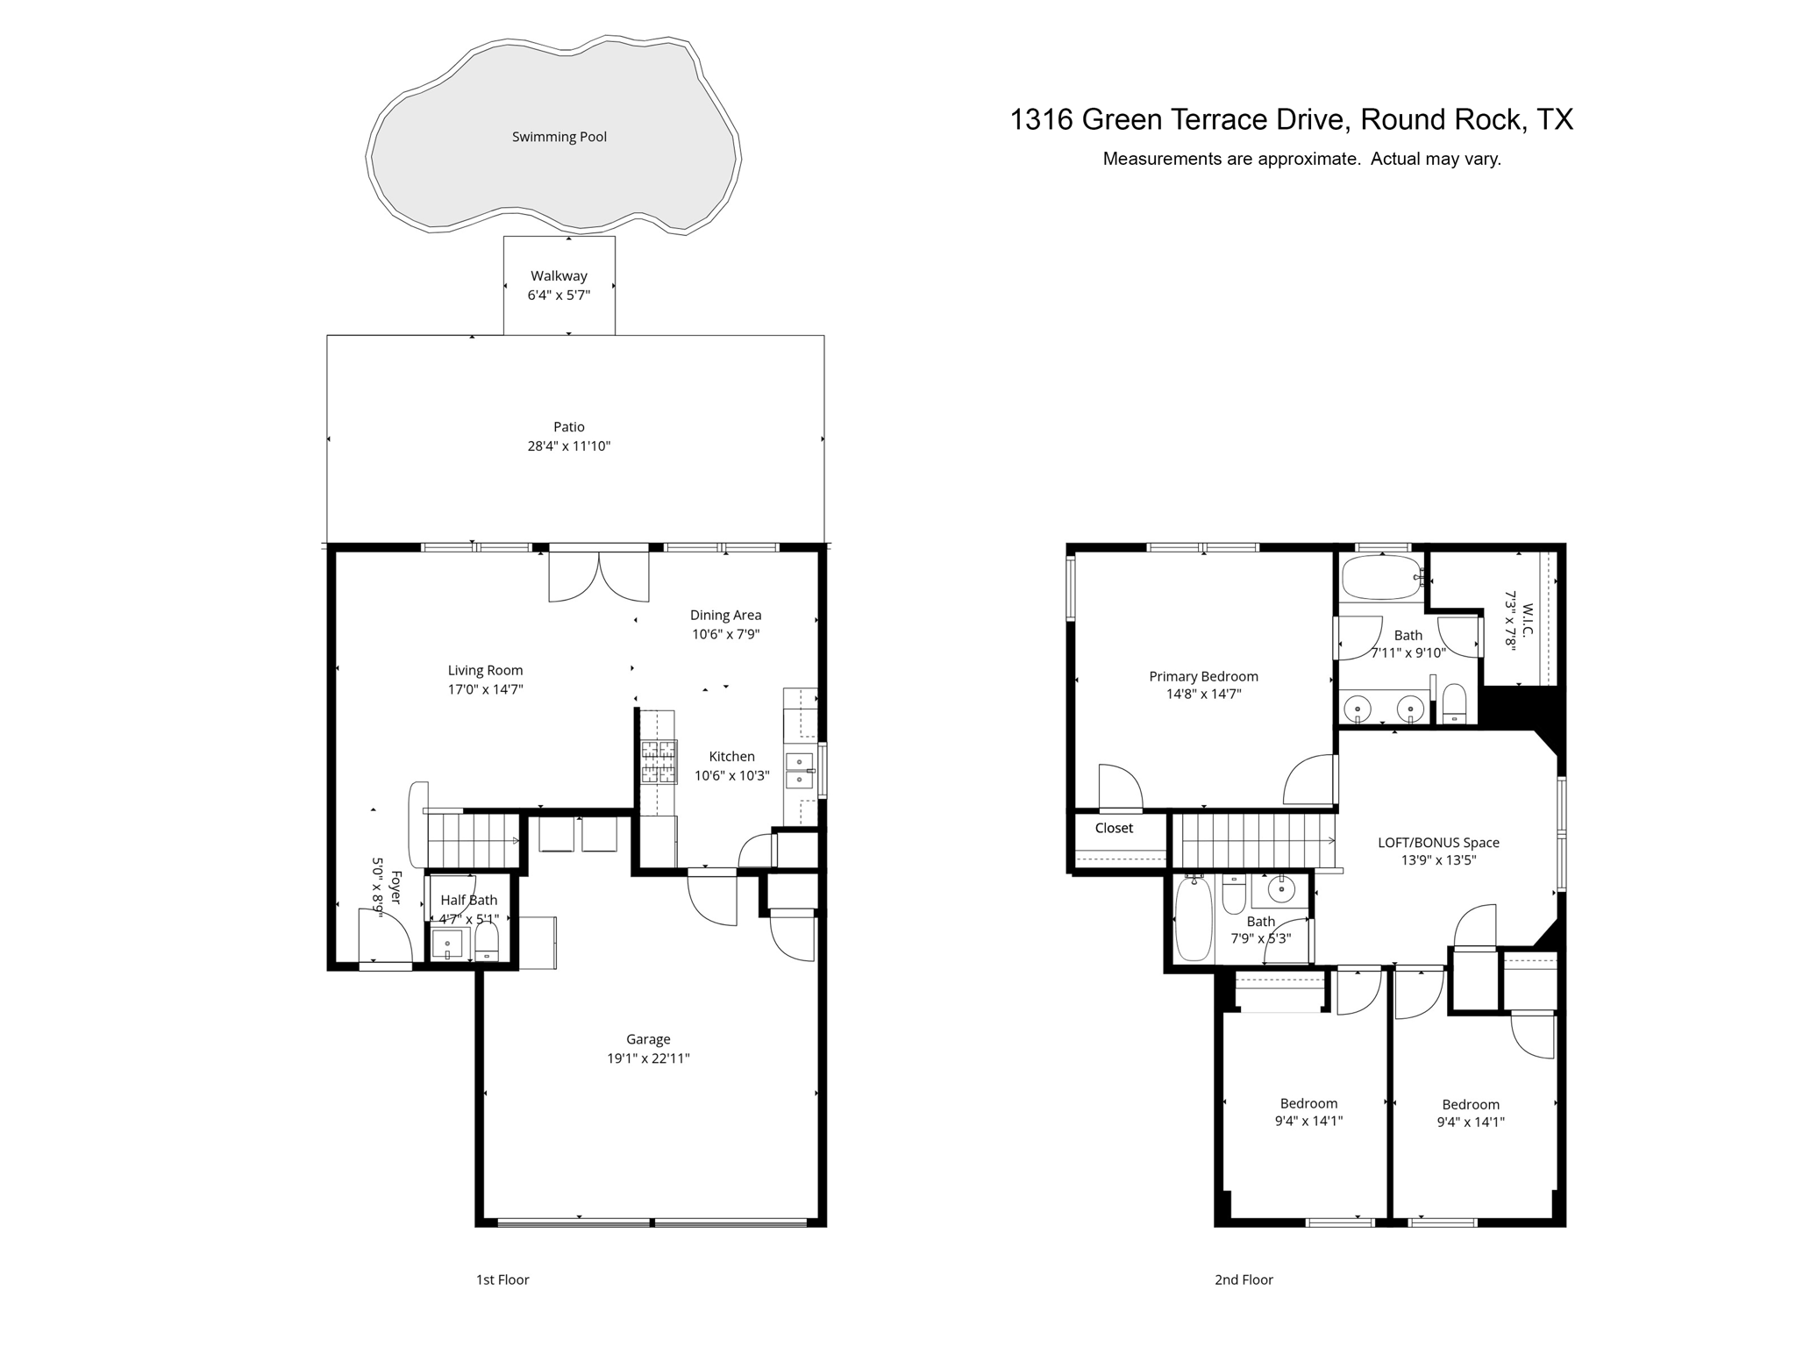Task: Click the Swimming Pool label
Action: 559,137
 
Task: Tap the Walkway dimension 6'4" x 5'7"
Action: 559,296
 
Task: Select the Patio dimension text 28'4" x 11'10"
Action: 568,446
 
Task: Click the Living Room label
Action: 485,671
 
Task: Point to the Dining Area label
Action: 725,616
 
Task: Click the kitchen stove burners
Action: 659,761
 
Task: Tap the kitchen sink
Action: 799,770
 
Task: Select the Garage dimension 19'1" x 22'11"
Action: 648,1058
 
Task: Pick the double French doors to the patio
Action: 599,575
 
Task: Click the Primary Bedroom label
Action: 1203,677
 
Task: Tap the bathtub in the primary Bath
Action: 1381,577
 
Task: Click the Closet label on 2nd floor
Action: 1114,829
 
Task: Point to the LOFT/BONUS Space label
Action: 1438,843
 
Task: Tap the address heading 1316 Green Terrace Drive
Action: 1291,119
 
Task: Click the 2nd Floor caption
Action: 1244,1280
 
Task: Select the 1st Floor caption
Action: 502,1280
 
